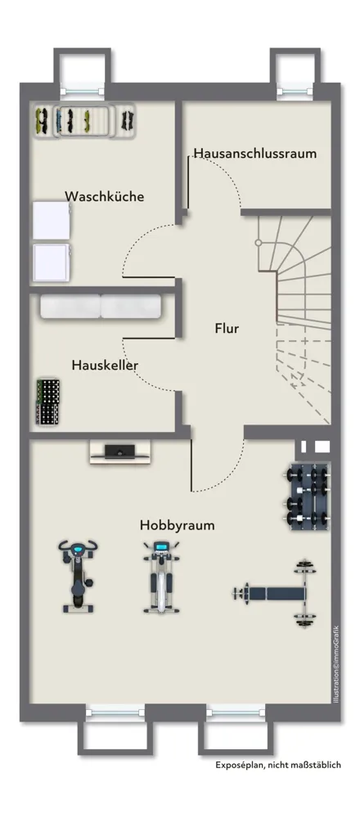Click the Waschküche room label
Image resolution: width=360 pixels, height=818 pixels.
[x=105, y=196]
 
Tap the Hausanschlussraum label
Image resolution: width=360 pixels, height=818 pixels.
[x=255, y=154]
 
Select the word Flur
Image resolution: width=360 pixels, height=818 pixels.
[x=227, y=328]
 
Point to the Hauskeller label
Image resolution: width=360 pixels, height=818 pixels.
[x=105, y=365]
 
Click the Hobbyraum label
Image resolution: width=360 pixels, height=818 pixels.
[x=177, y=525]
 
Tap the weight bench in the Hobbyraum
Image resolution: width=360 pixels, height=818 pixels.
[x=275, y=593]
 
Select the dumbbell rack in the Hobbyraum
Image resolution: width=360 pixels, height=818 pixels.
[x=308, y=496]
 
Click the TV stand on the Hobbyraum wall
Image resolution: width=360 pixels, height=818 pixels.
[x=119, y=452]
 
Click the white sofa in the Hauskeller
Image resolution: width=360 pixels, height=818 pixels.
[x=101, y=306]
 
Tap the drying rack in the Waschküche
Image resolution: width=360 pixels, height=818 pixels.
[x=84, y=121]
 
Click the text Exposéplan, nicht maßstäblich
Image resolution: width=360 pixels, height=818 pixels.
[x=278, y=765]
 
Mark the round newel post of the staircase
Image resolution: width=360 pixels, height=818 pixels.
[x=258, y=243]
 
